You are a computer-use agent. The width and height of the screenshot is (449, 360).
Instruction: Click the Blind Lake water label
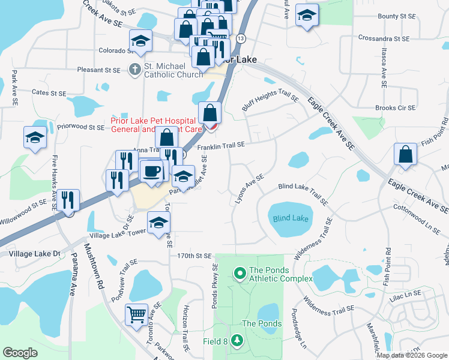[x=291, y=219]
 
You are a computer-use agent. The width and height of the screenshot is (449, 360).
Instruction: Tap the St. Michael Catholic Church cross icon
[x=134, y=70]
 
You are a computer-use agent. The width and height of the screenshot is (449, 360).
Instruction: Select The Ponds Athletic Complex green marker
[x=240, y=274]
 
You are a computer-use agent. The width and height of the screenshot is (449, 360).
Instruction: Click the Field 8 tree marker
[x=238, y=341]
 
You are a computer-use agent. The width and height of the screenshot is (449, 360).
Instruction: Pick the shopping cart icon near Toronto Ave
[x=137, y=314]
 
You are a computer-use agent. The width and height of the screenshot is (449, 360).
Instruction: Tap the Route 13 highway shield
[x=241, y=38]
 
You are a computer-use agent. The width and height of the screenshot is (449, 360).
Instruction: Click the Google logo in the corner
[x=20, y=353]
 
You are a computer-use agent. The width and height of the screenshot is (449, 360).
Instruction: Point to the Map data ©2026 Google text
[x=412, y=355]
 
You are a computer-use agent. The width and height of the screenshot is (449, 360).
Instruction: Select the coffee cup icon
[x=151, y=171]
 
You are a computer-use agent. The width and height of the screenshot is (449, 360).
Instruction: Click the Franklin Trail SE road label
[x=221, y=145]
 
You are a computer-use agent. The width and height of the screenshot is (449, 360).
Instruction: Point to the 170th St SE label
[x=194, y=256]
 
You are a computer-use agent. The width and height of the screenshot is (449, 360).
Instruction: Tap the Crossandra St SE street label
[x=383, y=38]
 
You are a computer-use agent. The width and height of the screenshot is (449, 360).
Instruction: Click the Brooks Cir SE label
[x=394, y=108]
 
